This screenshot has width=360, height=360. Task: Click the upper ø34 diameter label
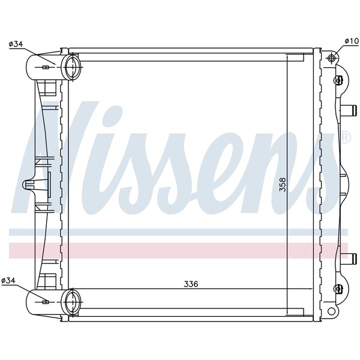point(16,43)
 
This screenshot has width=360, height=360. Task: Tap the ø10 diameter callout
point(351,41)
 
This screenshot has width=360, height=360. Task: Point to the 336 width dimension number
point(191,283)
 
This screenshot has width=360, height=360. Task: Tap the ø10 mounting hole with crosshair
point(332,58)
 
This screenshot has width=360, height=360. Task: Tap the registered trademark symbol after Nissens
point(345,137)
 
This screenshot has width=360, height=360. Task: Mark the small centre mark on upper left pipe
point(45,67)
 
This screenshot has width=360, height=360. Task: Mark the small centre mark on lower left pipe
point(45,302)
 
